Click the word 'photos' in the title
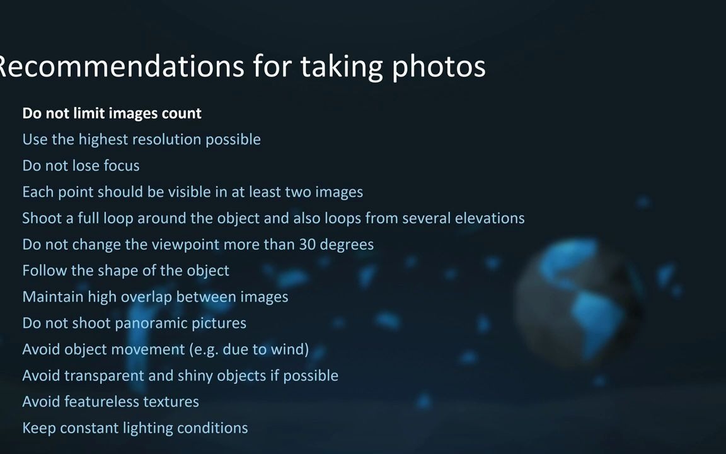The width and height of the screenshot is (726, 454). pos(439,66)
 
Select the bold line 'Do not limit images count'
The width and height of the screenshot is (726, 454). pos(112,113)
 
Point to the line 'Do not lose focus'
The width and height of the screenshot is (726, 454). pos(81,165)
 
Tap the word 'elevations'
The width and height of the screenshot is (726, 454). pos(490,218)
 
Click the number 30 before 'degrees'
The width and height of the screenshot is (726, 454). pos(307,244)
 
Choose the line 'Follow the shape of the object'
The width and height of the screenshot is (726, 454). pos(125,271)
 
